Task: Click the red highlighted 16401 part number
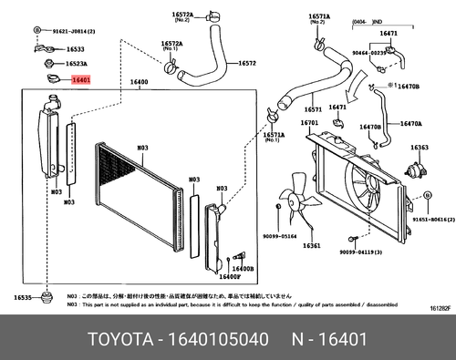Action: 81,80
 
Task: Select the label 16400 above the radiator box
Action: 140,82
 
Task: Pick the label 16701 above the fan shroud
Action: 308,122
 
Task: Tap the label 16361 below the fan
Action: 311,246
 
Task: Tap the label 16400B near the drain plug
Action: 242,269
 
